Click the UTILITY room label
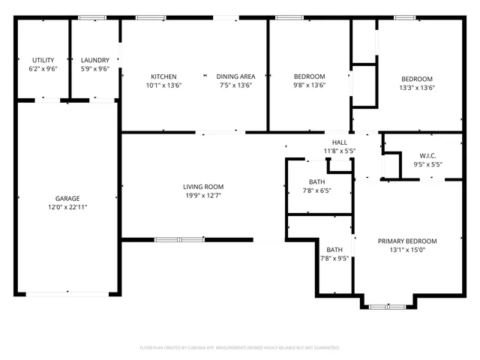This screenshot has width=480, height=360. point(43,60)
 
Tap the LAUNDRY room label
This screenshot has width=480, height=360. point(95,60)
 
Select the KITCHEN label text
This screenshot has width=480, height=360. point(163,76)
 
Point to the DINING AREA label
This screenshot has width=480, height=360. point(235,76)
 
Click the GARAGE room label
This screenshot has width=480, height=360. point(67,199)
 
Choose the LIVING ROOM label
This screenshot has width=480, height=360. point(203,187)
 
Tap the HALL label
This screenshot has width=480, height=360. point(339,142)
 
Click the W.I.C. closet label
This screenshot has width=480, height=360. point(427,155)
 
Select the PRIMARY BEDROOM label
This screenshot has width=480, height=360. point(406,241)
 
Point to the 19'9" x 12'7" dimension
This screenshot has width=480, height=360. point(203,195)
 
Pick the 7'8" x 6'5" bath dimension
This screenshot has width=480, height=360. point(316,190)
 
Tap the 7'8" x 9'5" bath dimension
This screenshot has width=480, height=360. point(334,258)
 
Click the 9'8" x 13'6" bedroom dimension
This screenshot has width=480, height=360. point(309,85)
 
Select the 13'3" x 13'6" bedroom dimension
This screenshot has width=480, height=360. point(417,88)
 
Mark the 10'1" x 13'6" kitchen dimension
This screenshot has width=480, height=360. point(163,85)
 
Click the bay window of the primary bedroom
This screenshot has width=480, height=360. point(387,306)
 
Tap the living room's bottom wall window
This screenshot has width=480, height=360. point(179,240)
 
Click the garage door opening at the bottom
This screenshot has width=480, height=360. point(67,293)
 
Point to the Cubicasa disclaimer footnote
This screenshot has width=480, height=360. point(240,348)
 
